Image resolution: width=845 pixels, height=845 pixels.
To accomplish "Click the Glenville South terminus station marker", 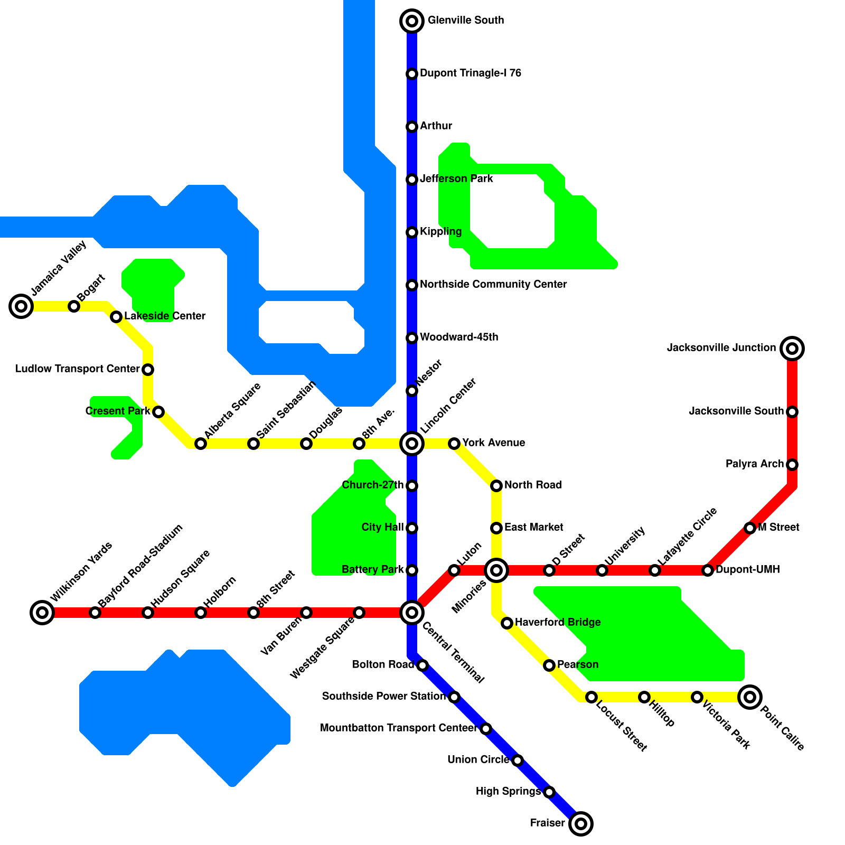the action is [412, 21].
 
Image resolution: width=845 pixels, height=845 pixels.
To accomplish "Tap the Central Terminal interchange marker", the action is [412, 613].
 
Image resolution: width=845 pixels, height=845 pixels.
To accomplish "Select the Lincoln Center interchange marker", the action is [412, 444].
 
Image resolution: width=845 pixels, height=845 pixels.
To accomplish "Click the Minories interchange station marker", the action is [496, 570].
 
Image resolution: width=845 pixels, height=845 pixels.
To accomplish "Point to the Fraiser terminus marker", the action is [581, 824].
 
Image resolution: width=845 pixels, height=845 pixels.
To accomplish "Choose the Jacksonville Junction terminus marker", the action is [792, 349].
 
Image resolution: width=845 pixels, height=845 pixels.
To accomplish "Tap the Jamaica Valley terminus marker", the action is [21, 306].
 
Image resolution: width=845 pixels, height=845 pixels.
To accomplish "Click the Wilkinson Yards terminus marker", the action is [42, 613].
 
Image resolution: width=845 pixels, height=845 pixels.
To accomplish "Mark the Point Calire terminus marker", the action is [750, 697].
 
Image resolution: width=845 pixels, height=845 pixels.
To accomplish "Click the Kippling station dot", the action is [412, 232].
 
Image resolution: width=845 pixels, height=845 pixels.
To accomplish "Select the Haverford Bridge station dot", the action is [507, 623].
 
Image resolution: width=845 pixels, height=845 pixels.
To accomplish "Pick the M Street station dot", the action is [750, 528].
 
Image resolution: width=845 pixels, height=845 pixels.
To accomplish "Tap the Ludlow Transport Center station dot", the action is [148, 370].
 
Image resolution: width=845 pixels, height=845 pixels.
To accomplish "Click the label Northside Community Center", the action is [493, 285].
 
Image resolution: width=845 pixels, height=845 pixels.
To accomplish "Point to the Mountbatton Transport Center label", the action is [399, 728].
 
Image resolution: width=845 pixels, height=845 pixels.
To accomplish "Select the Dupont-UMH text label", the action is [747, 570].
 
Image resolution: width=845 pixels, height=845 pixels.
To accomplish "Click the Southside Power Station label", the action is [384, 697].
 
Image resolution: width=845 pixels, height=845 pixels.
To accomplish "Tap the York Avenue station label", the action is [494, 443].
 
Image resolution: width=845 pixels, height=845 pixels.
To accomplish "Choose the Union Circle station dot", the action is [518, 760].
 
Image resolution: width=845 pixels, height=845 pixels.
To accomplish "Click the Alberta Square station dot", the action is [201, 444].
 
